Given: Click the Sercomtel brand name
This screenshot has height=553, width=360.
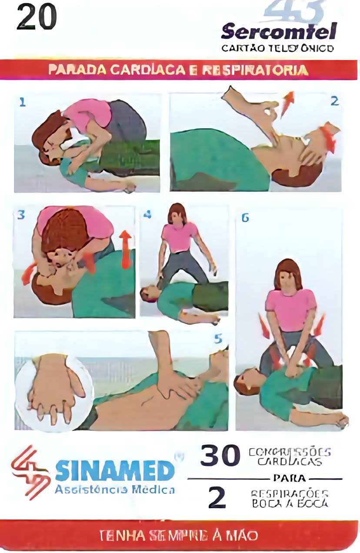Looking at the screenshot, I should point(279,32).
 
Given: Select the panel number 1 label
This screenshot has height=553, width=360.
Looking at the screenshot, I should point(22,102).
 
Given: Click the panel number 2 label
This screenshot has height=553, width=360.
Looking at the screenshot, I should point(334,101).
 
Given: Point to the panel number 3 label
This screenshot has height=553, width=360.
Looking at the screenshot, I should point(20,214).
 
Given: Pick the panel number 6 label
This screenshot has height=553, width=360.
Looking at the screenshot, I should point(245,218).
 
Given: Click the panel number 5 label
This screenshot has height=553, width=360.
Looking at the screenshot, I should point(218,339).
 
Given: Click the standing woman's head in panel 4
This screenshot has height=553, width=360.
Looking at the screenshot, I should point(177,214).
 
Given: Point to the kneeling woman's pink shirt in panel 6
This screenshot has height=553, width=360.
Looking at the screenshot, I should point(290,309).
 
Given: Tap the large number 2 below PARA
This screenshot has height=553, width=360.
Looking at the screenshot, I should point(217,498).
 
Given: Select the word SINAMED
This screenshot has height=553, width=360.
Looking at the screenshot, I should point(115,470).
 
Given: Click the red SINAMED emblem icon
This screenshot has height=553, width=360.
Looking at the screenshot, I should point(30,471).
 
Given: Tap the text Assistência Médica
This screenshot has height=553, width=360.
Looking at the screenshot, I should point(115,490).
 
